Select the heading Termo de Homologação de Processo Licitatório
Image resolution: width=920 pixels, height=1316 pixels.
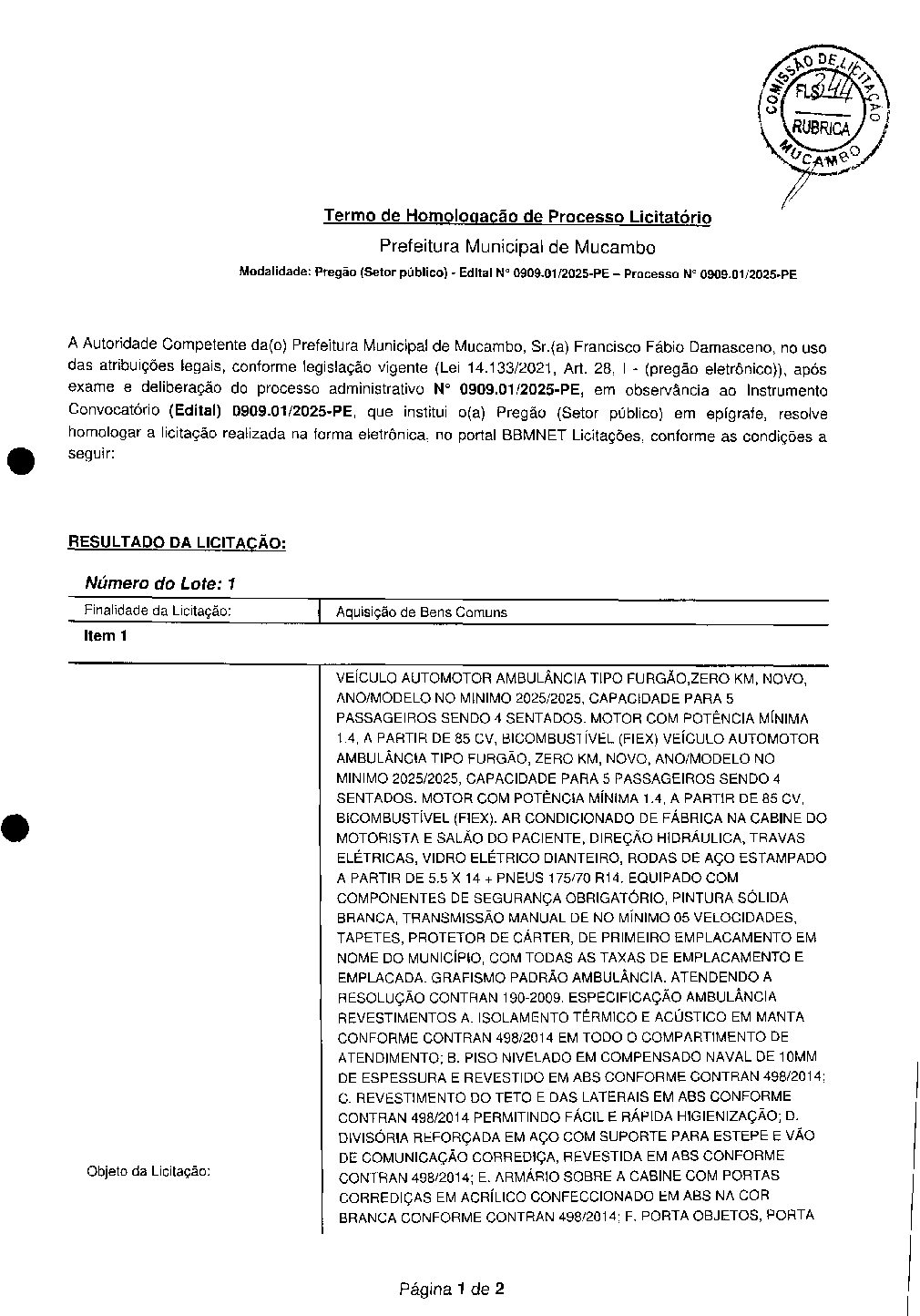click(517, 216)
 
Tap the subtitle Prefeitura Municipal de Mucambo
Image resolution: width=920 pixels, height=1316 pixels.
click(516, 246)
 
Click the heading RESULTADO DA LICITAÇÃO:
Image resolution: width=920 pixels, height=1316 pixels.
click(178, 543)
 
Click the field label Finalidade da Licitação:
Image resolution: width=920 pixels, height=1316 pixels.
click(158, 612)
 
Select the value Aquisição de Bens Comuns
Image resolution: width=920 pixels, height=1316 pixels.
click(421, 612)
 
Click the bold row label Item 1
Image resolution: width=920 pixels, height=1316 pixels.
click(105, 636)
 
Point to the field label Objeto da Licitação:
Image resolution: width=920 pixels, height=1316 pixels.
click(148, 1171)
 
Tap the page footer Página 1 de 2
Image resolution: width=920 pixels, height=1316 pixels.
click(451, 1289)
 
